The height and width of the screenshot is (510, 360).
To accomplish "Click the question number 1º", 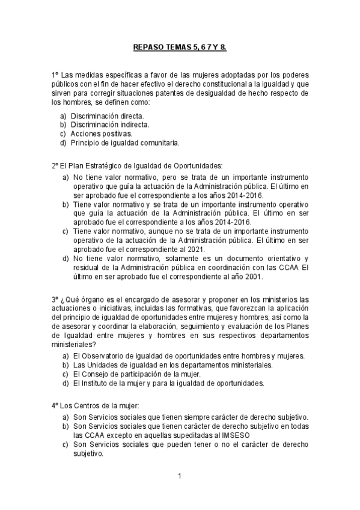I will click(55, 75).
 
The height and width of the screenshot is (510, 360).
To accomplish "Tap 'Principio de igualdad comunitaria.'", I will click(125, 143).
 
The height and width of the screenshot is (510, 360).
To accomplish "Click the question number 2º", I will click(55, 165).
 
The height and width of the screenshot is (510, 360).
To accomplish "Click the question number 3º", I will click(55, 300).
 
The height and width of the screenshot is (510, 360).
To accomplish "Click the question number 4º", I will click(55, 405).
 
